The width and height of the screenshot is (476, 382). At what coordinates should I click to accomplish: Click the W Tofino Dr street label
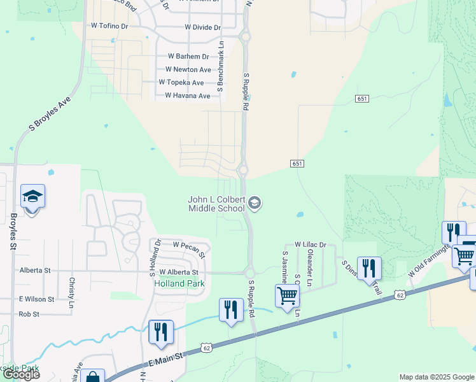[x=109, y=26]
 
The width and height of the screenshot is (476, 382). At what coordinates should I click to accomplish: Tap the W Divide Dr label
[x=202, y=27]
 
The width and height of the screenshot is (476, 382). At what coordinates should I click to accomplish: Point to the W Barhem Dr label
[x=187, y=57]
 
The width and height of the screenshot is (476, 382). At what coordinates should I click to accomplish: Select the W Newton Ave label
[x=188, y=69]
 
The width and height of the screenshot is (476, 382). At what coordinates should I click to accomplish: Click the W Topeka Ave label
[x=181, y=83]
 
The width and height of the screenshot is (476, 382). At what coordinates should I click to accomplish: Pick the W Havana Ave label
[x=187, y=95]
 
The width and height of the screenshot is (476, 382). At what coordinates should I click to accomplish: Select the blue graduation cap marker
[x=32, y=197]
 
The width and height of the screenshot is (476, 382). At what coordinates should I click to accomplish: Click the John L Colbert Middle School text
[x=216, y=204]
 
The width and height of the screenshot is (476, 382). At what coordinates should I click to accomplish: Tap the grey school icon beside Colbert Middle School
[x=255, y=204]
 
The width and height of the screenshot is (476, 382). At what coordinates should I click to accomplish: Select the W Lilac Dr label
[x=310, y=244]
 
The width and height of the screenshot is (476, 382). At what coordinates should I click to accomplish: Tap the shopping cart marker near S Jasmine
[x=287, y=296]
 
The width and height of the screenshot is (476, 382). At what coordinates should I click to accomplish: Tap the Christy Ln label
[x=72, y=290]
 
